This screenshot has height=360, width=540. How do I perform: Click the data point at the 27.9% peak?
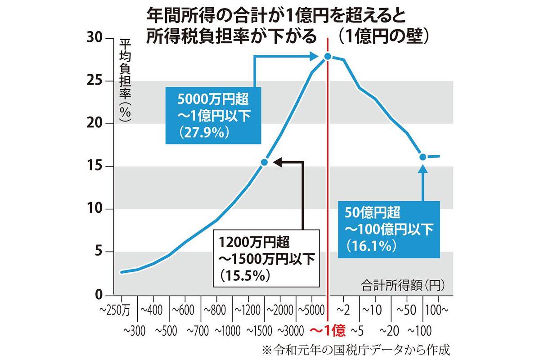(x=328, y=56)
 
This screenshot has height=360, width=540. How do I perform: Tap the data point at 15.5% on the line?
(x=265, y=162)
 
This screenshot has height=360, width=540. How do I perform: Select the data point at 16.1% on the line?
(x=423, y=157)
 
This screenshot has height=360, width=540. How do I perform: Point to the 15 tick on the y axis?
(x=95, y=166)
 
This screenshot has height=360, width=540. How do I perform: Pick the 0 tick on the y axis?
(x=99, y=295)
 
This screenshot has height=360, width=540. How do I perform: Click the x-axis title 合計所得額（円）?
(x=402, y=284)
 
